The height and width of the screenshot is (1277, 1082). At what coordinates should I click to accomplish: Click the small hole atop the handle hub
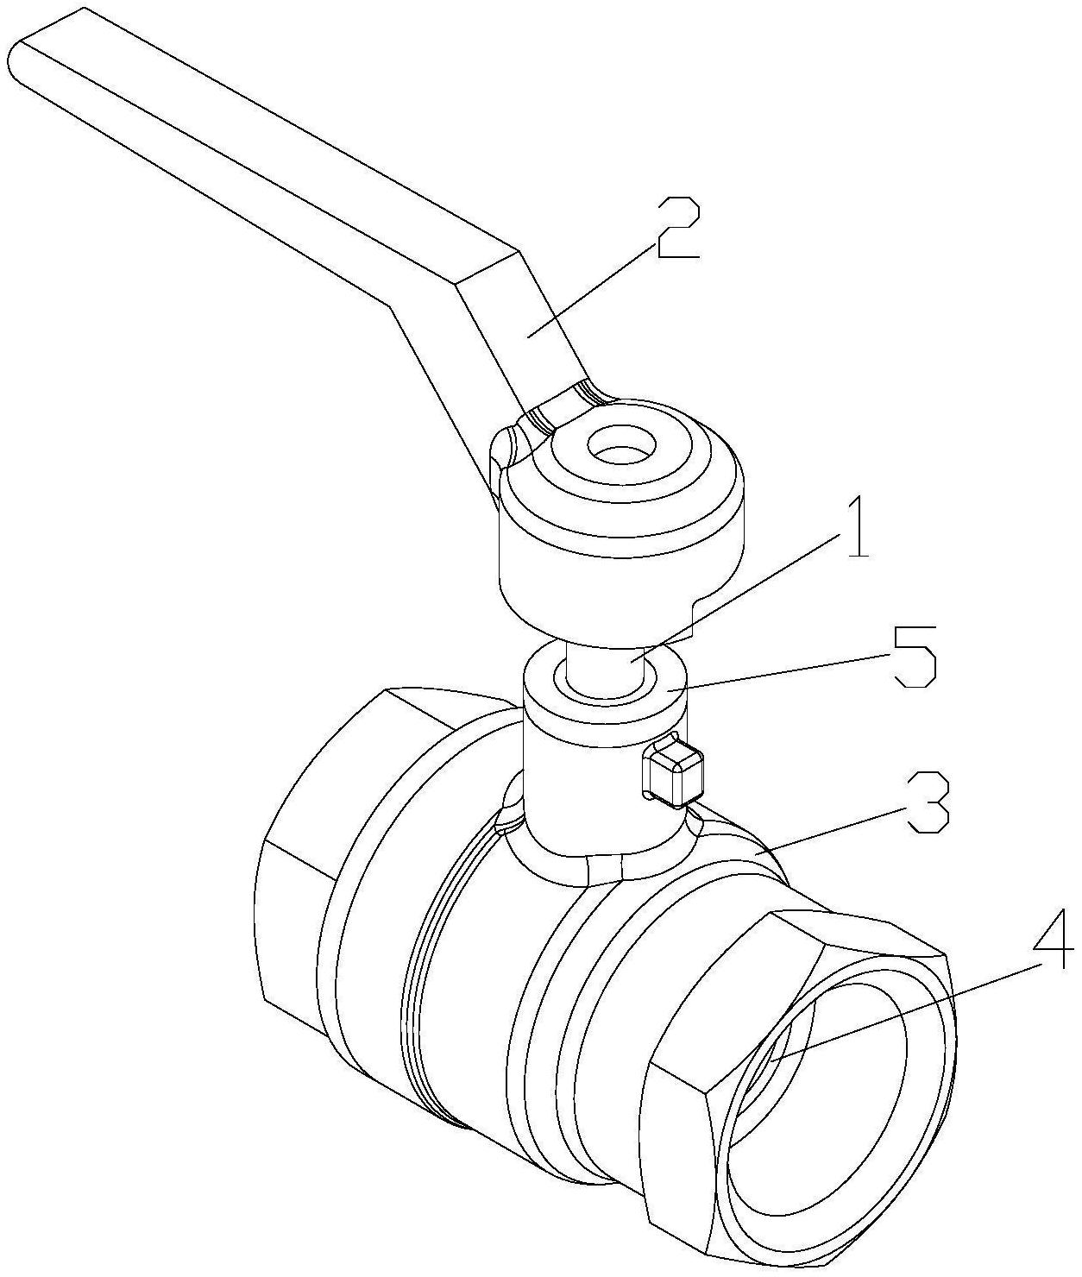(x=620, y=443)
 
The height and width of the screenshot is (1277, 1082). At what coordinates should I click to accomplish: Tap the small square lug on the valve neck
(x=673, y=773)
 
